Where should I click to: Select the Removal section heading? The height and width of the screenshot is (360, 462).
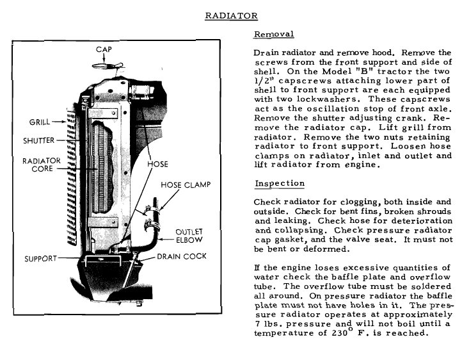tap(274, 35)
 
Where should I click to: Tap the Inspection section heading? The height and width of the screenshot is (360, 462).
tap(279, 184)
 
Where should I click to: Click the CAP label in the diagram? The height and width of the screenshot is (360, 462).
tap(104, 49)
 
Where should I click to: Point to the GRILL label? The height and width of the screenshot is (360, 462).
tap(40, 122)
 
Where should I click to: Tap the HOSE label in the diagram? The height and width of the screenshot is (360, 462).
tap(157, 164)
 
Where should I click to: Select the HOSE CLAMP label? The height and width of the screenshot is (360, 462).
tap(185, 185)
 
